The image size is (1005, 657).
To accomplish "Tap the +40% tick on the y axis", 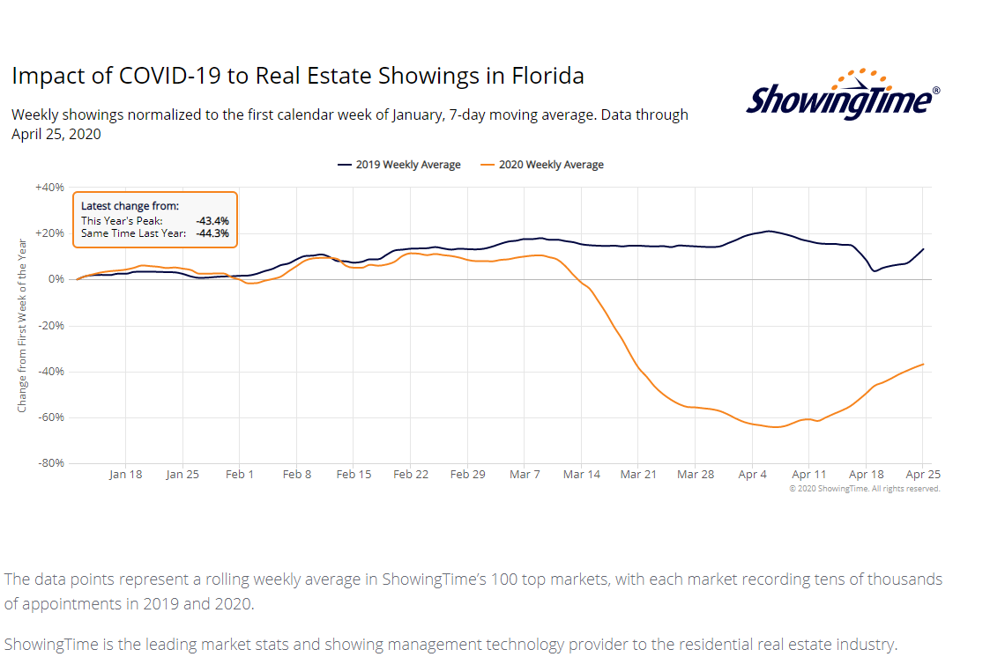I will pos(49,188).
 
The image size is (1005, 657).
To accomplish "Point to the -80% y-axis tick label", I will pos(50,463).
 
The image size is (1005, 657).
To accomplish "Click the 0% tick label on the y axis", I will pos(56,279).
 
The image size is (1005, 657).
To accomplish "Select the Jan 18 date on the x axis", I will pos(125,474).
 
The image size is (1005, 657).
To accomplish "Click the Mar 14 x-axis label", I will pos(581,474).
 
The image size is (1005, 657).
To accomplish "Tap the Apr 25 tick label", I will pos(921,474).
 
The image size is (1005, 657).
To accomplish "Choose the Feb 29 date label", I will pos(467,474).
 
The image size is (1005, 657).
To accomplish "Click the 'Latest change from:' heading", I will pos(130,206).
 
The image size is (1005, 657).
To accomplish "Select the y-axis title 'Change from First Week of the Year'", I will pos(22,325).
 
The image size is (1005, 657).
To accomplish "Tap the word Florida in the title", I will pos(547,76).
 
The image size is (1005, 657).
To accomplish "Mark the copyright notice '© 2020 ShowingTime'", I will pos(864,489).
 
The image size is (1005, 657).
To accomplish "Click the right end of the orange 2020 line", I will pos(923,364).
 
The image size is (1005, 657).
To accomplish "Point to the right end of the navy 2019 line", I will pos(923,249).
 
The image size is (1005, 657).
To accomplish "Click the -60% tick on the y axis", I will pos(50,417).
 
